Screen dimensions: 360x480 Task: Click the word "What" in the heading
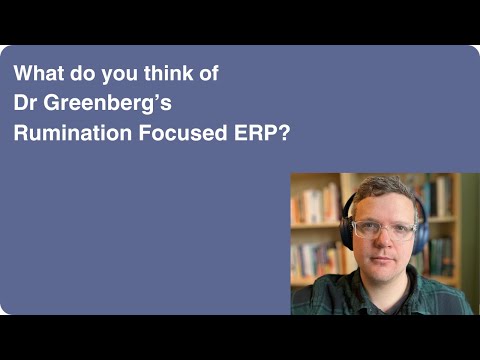click(36, 74)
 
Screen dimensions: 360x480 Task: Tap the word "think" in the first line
click(160, 74)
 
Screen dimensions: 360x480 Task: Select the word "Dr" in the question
click(25, 102)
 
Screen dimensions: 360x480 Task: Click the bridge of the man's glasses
click(385, 227)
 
